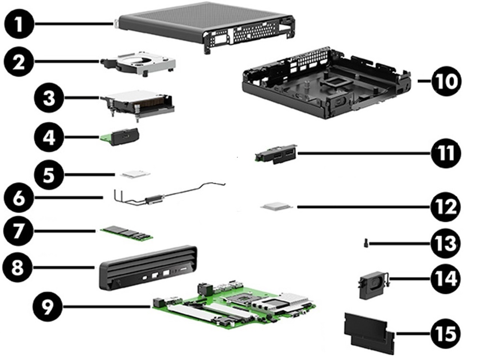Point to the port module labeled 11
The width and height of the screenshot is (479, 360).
pyautogui.click(x=275, y=154)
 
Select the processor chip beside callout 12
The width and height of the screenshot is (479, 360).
pyautogui.click(x=277, y=206)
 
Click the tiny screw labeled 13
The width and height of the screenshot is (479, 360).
pyautogui.click(x=366, y=242)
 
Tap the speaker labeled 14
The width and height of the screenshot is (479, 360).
pyautogui.click(x=370, y=286)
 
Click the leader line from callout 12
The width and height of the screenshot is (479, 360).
pyautogui.click(x=359, y=207)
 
